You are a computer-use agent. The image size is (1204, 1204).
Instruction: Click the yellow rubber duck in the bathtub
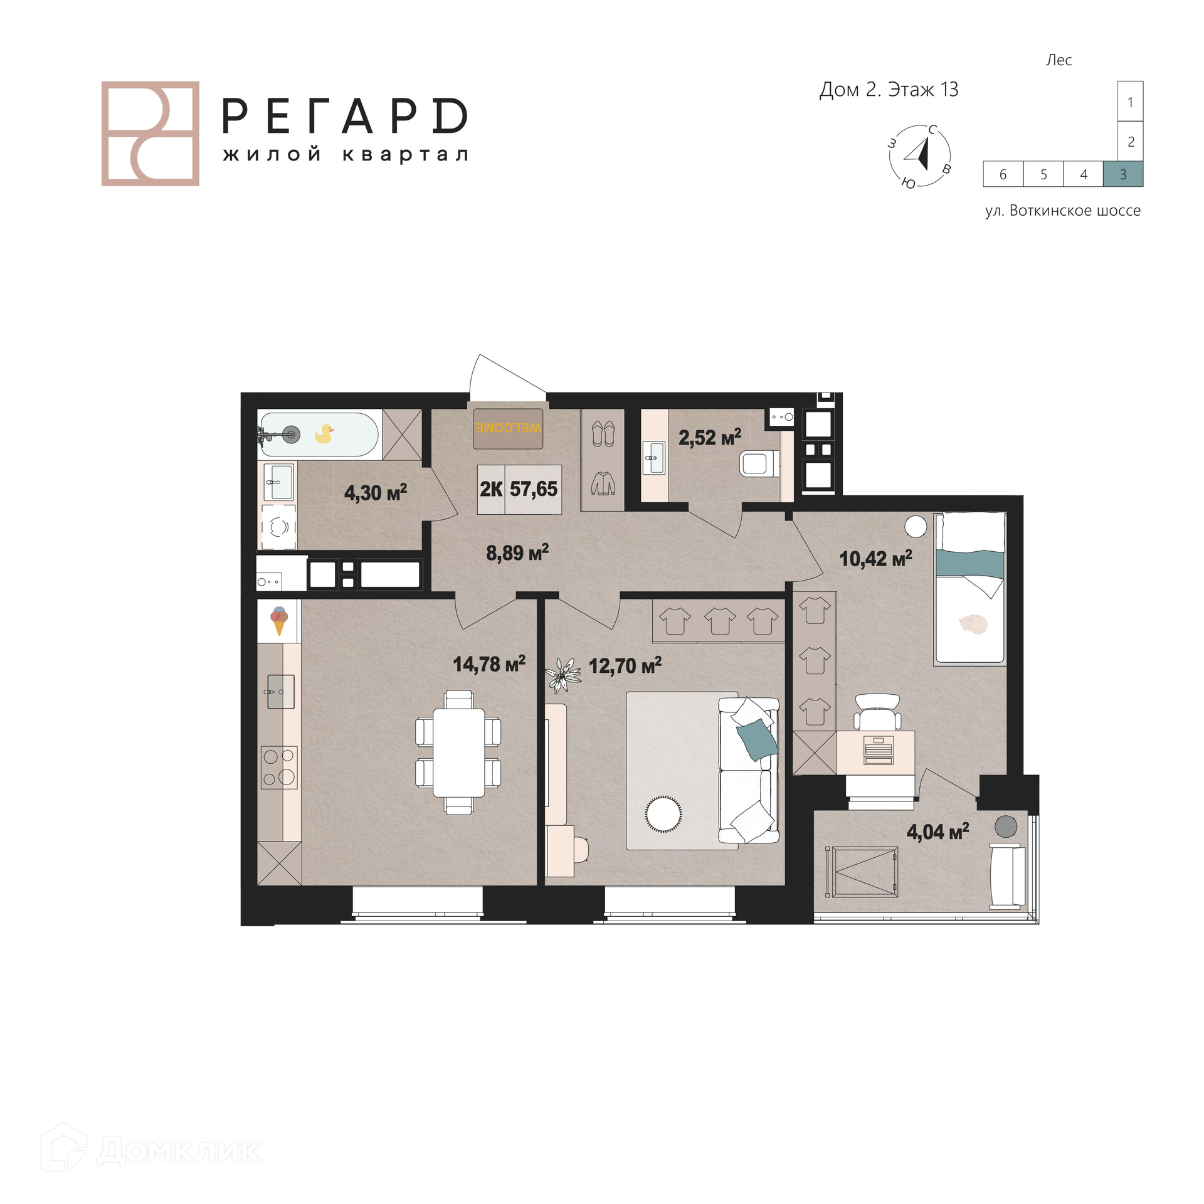click(324, 433)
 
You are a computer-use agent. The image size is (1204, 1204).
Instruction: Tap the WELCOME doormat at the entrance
click(508, 428)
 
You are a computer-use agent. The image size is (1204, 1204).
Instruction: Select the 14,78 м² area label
click(489, 663)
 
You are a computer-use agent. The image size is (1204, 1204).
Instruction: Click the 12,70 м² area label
click(625, 665)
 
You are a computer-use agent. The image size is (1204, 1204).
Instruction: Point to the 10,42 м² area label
click(875, 558)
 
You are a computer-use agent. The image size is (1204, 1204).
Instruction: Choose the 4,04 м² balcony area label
click(937, 832)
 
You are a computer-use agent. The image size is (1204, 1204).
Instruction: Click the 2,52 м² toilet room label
click(710, 437)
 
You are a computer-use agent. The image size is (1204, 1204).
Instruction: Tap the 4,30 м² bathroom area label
click(376, 492)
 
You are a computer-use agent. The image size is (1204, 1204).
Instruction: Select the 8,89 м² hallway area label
click(517, 552)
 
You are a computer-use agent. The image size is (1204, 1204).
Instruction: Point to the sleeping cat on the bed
click(973, 624)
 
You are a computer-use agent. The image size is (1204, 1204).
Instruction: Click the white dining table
click(459, 752)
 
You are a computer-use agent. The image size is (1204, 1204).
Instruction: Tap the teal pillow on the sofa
click(757, 739)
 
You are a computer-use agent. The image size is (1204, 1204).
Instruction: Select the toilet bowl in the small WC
click(759, 464)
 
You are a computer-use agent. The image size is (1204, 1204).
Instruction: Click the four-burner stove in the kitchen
click(279, 767)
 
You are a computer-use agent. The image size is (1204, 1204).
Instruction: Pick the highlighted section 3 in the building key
click(1123, 174)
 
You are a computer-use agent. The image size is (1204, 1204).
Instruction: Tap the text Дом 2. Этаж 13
click(889, 90)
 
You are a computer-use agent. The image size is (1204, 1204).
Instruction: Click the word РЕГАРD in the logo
click(345, 116)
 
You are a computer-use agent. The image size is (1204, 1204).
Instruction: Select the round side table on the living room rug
click(663, 814)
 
